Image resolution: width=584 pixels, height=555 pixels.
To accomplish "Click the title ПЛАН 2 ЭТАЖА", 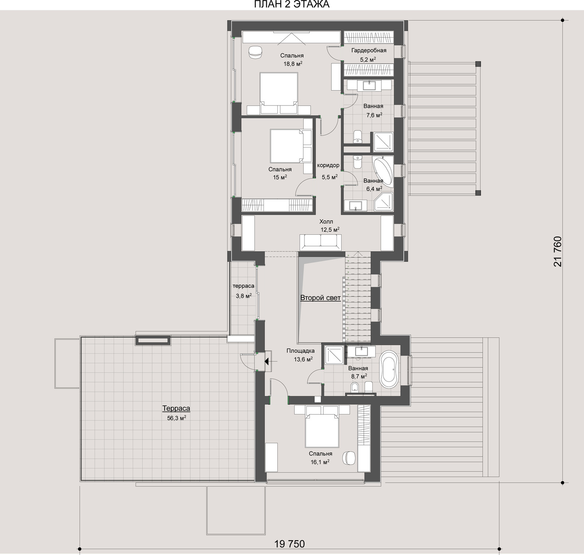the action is pyautogui.click(x=291, y=4).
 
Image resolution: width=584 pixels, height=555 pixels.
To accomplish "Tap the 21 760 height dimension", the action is pyautogui.click(x=557, y=252).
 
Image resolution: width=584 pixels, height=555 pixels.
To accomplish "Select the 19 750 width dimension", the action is pyautogui.click(x=289, y=544).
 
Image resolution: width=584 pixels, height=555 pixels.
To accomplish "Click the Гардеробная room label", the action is pyautogui.click(x=369, y=50).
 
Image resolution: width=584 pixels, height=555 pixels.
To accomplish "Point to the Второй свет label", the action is pyautogui.click(x=320, y=298).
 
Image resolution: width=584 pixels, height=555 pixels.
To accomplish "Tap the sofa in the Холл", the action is pyautogui.click(x=321, y=242).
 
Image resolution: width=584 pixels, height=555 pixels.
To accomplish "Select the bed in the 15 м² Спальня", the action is pyautogui.click(x=290, y=146).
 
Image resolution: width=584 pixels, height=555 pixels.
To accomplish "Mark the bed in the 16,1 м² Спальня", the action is pyautogui.click(x=323, y=428).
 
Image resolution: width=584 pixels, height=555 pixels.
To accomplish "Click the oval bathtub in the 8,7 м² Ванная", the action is pyautogui.click(x=390, y=369).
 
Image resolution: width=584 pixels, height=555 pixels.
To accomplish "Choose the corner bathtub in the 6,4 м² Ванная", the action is pyautogui.click(x=383, y=172).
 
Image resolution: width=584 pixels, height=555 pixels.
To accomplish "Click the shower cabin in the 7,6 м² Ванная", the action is pyautogui.click(x=383, y=142).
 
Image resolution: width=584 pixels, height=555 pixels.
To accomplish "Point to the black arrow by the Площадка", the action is pyautogui.click(x=267, y=361).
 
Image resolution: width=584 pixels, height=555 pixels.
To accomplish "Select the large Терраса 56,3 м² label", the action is pyautogui.click(x=177, y=413).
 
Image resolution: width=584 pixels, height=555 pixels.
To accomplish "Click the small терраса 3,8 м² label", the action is pyautogui.click(x=243, y=291).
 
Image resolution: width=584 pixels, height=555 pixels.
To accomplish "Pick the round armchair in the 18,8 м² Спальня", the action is pyautogui.click(x=255, y=52).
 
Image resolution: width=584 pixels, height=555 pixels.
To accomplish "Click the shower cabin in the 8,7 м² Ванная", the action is pyautogui.click(x=334, y=355).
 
